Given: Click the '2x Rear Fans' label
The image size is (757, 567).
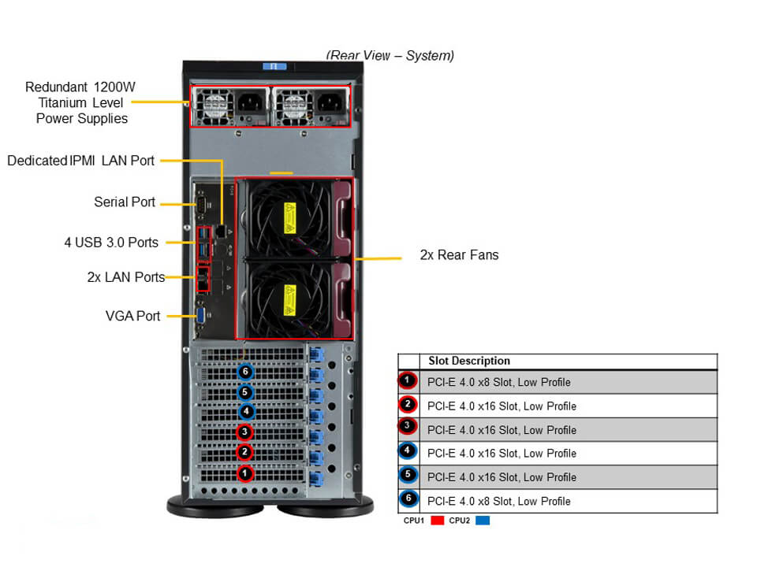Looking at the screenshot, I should [459, 255].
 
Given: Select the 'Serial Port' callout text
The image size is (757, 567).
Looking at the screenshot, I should [125, 202].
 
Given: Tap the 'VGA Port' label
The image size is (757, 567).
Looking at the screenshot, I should [132, 316].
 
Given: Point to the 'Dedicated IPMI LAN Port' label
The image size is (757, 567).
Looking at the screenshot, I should [80, 161].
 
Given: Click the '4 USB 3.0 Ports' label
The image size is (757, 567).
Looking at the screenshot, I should [111, 243].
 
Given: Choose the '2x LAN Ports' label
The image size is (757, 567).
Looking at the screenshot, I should [126, 277].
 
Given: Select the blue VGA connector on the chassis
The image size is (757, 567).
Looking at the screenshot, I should [202, 315].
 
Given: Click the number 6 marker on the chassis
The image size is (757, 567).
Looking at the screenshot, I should [246, 372].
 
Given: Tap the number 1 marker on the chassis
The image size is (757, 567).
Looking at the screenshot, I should [246, 473].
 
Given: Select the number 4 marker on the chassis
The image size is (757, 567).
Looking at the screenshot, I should [246, 411].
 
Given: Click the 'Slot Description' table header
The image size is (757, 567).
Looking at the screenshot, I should [469, 361].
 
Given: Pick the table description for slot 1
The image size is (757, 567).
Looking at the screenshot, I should [498, 383].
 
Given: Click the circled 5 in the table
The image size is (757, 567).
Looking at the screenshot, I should [408, 476].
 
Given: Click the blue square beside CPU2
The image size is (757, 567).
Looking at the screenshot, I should [482, 521].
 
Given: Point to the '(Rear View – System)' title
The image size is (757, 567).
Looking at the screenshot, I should [390, 55].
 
